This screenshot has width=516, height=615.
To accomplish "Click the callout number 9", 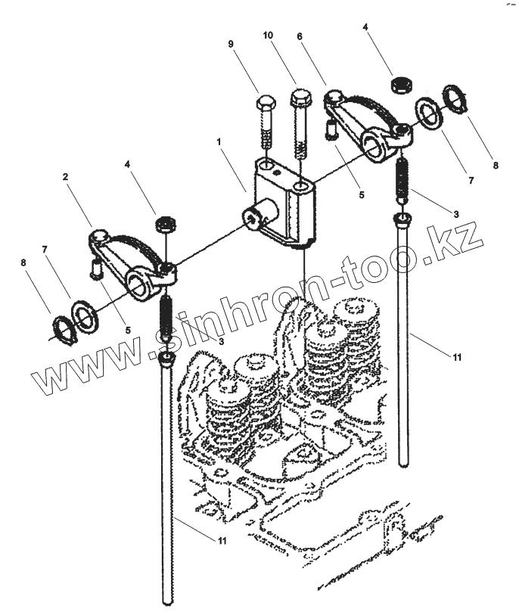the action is tap(231, 44).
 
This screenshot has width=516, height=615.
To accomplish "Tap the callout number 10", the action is tap(268, 36).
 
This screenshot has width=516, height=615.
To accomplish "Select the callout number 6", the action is tap(300, 36).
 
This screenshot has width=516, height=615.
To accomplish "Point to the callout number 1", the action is tap(219, 141).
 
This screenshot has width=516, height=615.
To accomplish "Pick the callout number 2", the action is tap(65, 177).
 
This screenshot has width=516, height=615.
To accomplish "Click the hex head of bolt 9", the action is tap(266, 102).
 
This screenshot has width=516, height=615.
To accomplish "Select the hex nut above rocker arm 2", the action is tap(166, 224).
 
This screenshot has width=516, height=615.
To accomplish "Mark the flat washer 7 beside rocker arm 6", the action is tap(429, 113).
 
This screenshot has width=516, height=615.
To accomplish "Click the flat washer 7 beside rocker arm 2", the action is tap(85, 315).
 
